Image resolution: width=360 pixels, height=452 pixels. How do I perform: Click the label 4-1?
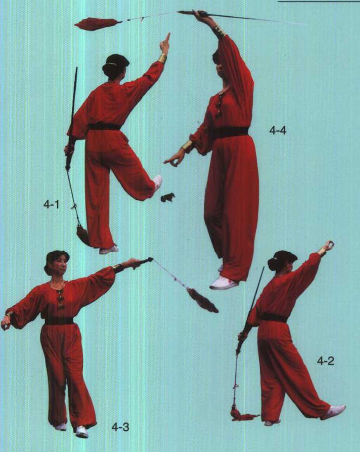(x=51, y=205)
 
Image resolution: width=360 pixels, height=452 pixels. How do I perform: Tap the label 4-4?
(x=278, y=131)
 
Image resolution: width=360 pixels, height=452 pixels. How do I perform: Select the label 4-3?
(x=120, y=427)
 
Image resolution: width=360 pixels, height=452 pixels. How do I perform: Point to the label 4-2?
(x=326, y=360)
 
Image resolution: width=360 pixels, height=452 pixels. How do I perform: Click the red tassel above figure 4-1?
(x=97, y=23)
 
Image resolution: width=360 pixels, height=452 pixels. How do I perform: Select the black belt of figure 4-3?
(x=59, y=320)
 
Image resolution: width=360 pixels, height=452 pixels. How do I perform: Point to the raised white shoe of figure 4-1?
(x=158, y=182)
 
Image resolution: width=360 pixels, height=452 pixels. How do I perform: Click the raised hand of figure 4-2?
(x=328, y=246)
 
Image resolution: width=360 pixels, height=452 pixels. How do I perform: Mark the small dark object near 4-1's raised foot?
(x=168, y=197)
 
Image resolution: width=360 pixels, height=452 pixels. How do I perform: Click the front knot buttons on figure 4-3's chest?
(x=60, y=298)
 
